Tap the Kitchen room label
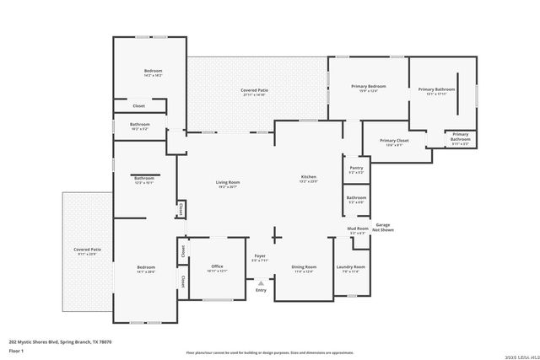tap(309, 177)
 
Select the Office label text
tap(217, 267)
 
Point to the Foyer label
tap(260, 256)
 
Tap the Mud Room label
tap(357, 228)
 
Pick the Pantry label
tap(356, 169)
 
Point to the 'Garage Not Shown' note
tap(382, 227)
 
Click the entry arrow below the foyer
tap(261, 283)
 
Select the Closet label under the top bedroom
tap(139, 105)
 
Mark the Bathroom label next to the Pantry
tap(356, 197)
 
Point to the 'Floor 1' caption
tap(16, 350)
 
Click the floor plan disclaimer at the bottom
tap(269, 352)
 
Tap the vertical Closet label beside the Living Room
tap(181, 208)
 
